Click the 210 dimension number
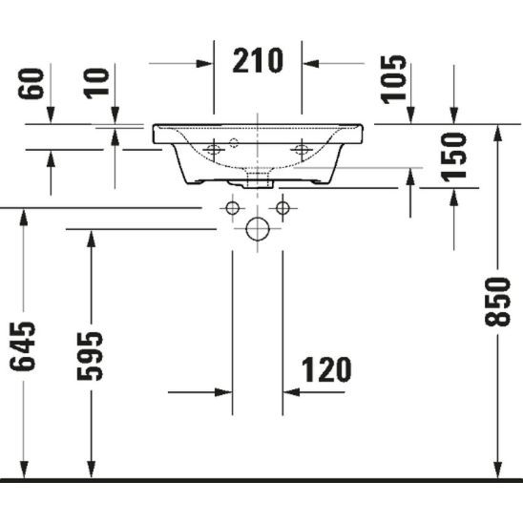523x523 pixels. tap(258, 60)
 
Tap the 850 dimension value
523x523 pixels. tap(497, 302)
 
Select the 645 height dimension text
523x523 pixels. tap(22, 346)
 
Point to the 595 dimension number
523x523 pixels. tap(90, 356)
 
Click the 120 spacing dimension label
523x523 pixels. tap(326, 369)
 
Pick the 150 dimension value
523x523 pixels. tap(453, 157)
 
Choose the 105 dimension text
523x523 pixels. tap(393, 79)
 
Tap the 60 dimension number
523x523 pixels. tap(31, 83)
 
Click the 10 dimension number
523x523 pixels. tap(96, 83)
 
